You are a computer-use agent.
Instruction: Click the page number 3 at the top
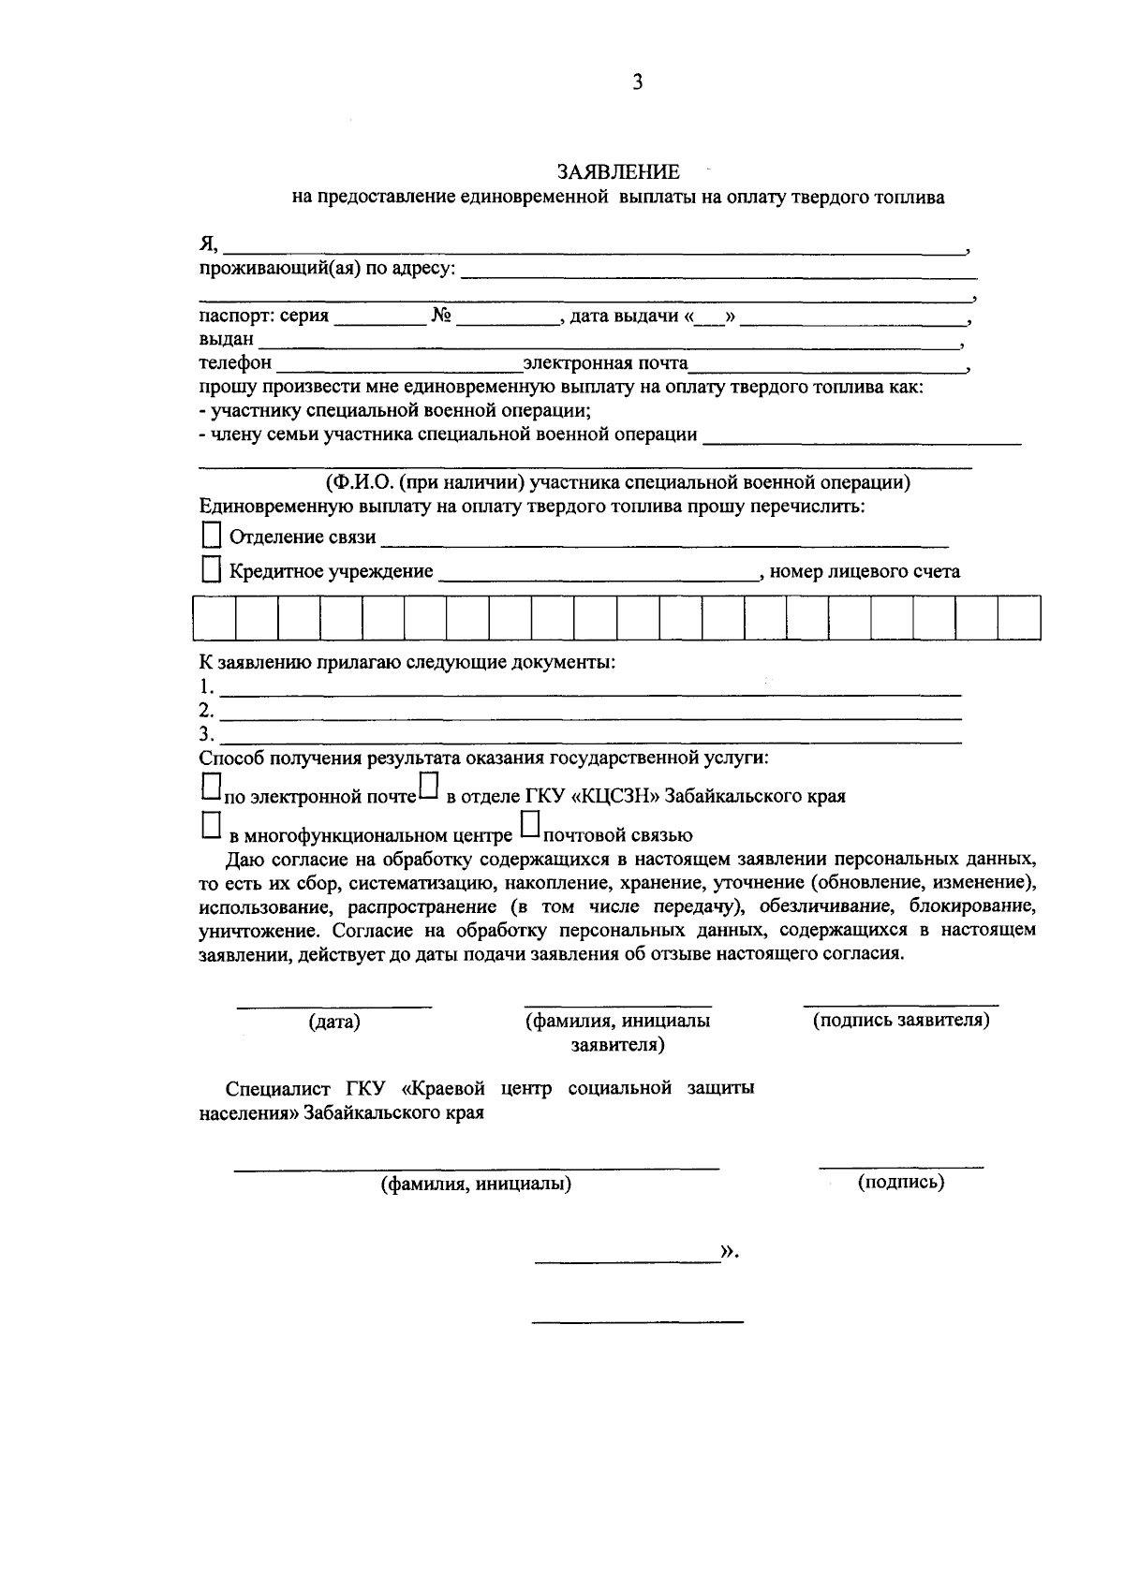coord(637,82)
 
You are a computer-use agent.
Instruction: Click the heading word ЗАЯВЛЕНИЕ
coord(618,172)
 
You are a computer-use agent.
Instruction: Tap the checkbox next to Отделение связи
coord(213,535)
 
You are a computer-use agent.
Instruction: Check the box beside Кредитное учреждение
coord(213,569)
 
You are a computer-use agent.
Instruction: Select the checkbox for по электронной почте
coord(212,786)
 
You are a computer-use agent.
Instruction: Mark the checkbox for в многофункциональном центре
coord(212,824)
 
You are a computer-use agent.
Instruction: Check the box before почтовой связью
coord(530,823)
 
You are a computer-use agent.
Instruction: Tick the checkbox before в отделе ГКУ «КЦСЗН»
coord(428,786)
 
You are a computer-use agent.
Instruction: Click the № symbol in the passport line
coord(442,316)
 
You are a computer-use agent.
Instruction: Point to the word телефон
coord(235,362)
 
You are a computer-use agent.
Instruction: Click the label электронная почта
coord(605,362)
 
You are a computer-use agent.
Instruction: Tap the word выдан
coord(227,339)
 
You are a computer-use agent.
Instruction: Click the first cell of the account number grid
coord(214,618)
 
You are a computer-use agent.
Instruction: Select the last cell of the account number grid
coord(1019,618)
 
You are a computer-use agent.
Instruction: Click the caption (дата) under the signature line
coord(334,1023)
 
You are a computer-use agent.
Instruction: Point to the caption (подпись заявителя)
coord(901,1020)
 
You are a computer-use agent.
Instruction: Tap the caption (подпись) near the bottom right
coord(901,1182)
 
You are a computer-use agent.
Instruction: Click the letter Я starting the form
coord(208,244)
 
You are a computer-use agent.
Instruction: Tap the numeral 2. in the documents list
coord(207,710)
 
